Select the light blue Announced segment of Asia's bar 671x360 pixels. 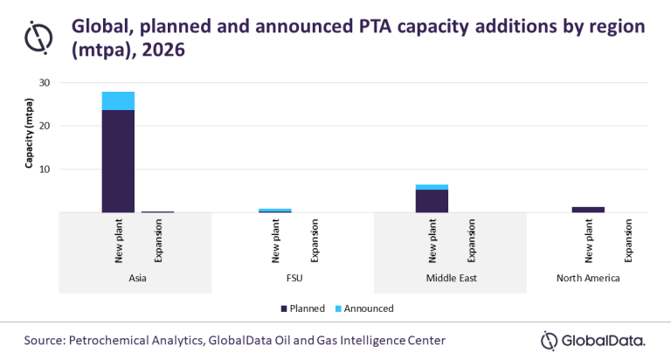pos(118,100)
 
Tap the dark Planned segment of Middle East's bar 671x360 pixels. pos(432,201)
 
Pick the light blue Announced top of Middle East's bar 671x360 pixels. pos(432,187)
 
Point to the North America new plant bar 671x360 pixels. pos(588,209)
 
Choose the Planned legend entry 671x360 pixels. pos(302,308)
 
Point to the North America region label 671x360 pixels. pos(588,279)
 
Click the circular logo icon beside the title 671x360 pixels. pos(38,37)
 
